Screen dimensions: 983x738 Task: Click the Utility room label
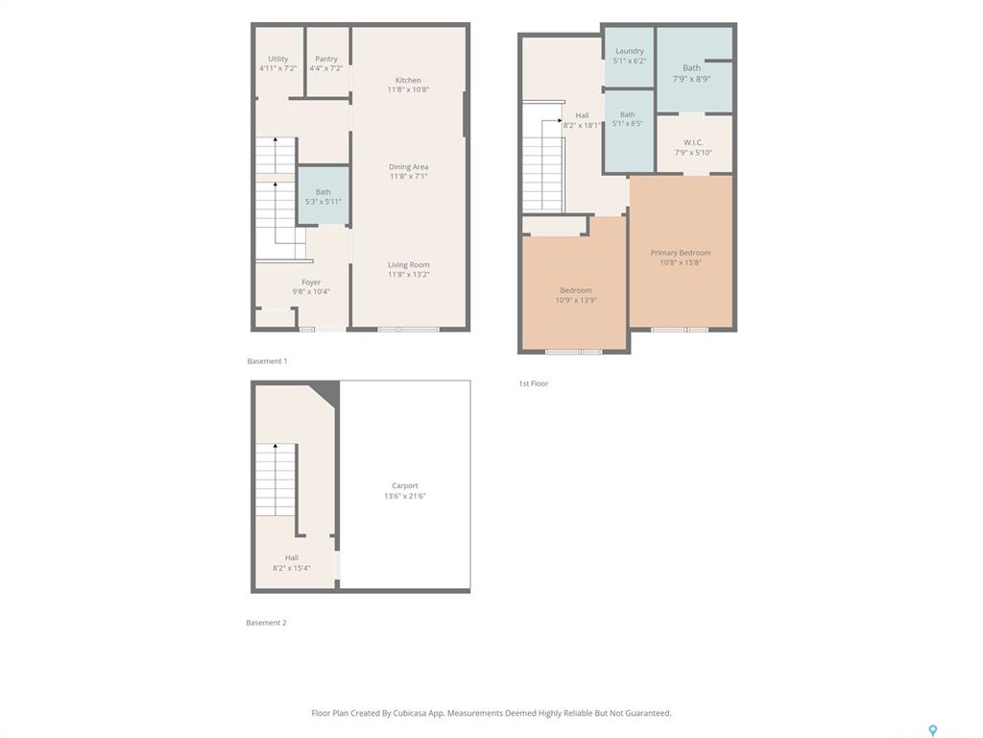tap(277, 59)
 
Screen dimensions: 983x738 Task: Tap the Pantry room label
tap(326, 59)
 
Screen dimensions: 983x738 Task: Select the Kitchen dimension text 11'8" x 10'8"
tap(408, 89)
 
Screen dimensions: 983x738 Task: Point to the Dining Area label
tap(408, 167)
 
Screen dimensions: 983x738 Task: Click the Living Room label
tap(408, 265)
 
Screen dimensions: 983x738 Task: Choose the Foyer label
tap(311, 283)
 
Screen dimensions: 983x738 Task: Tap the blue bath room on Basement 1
tap(323, 195)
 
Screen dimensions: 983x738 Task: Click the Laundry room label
tap(630, 51)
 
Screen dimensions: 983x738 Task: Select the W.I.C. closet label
tap(693, 142)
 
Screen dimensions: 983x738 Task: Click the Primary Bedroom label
tap(681, 253)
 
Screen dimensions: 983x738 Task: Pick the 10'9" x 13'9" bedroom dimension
tap(576, 300)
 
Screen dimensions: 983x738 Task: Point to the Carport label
tap(404, 485)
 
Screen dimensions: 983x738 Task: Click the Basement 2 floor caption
tap(266, 623)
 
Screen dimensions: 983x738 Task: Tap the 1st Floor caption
tap(533, 383)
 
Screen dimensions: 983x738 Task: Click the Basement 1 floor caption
tap(267, 361)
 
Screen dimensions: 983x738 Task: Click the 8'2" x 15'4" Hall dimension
tap(292, 568)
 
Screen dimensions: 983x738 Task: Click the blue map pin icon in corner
tap(932, 730)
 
